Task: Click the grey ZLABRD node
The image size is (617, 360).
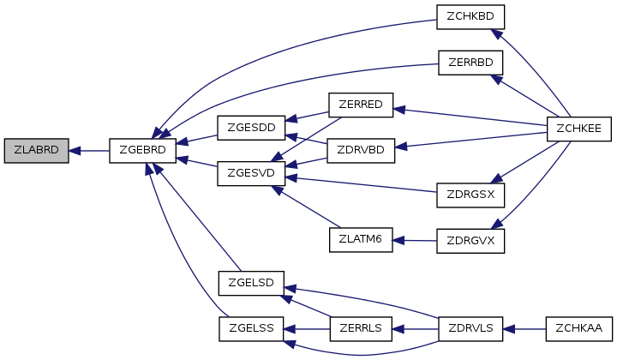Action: tap(36, 151)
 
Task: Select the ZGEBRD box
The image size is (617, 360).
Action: tap(143, 151)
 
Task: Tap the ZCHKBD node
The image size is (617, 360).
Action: tap(470, 16)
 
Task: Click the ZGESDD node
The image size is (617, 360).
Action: tap(250, 128)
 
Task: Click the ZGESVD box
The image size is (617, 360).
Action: tap(250, 173)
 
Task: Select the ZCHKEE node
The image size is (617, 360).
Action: tap(579, 128)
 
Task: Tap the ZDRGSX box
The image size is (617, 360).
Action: tap(470, 195)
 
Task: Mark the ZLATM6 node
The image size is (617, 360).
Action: tap(361, 240)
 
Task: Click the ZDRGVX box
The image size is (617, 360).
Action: tap(470, 241)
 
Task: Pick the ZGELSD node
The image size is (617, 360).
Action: tap(250, 282)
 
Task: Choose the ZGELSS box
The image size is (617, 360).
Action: tap(250, 327)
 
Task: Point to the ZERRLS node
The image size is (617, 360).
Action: tap(361, 327)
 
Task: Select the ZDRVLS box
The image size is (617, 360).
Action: tap(470, 327)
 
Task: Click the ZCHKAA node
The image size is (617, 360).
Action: tap(579, 327)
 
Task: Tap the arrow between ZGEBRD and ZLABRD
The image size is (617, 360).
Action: tap(89, 151)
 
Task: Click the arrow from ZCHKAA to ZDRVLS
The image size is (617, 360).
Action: tap(524, 327)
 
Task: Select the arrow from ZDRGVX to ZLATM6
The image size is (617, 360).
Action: tap(415, 241)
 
